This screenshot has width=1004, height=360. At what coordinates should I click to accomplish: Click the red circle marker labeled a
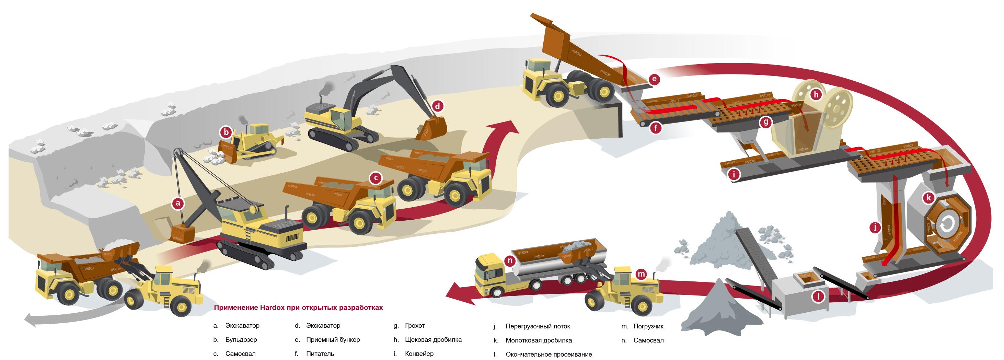point(178,203)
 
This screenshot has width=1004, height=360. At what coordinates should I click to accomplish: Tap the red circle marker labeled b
point(226,132)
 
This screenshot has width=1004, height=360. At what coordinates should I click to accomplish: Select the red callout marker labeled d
point(438,106)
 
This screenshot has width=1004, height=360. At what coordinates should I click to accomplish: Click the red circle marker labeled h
point(816,94)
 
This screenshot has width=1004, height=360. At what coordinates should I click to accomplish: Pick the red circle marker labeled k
point(929,198)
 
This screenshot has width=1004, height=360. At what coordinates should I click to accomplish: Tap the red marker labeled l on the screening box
point(818,297)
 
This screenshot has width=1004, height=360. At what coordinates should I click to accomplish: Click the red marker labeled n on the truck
point(510,261)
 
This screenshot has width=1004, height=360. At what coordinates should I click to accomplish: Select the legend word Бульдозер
point(241,340)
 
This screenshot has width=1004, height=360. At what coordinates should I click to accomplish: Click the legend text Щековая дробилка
point(433,340)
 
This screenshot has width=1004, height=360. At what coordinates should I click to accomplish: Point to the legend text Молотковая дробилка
point(539,340)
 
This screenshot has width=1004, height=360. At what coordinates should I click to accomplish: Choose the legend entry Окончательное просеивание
point(549,355)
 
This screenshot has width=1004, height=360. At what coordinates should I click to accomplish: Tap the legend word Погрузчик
point(648,326)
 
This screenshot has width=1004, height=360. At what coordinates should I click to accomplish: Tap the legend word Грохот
point(415,326)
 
